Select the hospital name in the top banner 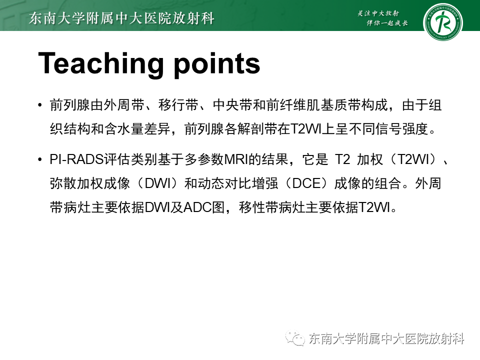pyautogui.click(x=122, y=19)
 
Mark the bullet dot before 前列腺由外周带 pyautogui.click(x=40, y=106)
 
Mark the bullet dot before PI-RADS pyautogui.click(x=40, y=160)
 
